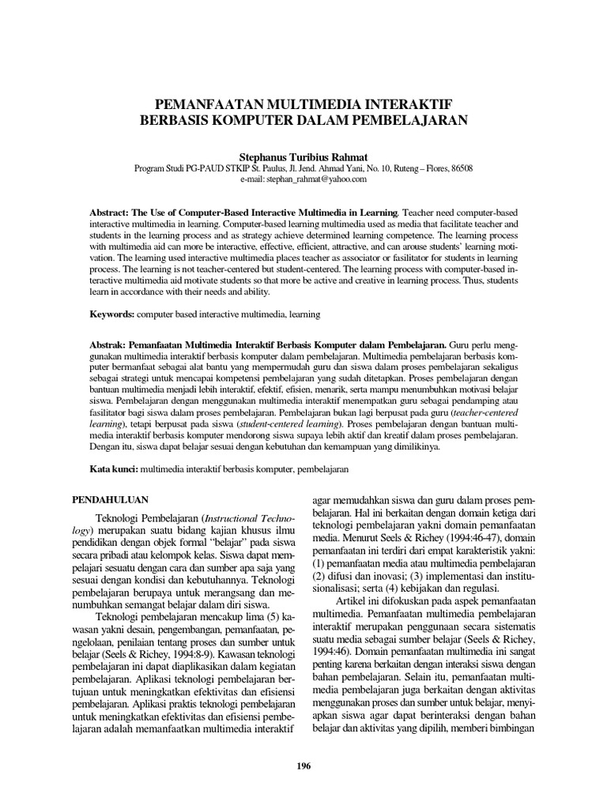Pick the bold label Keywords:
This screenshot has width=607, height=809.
coord(111,314)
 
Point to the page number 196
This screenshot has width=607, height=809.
coord(303,766)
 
